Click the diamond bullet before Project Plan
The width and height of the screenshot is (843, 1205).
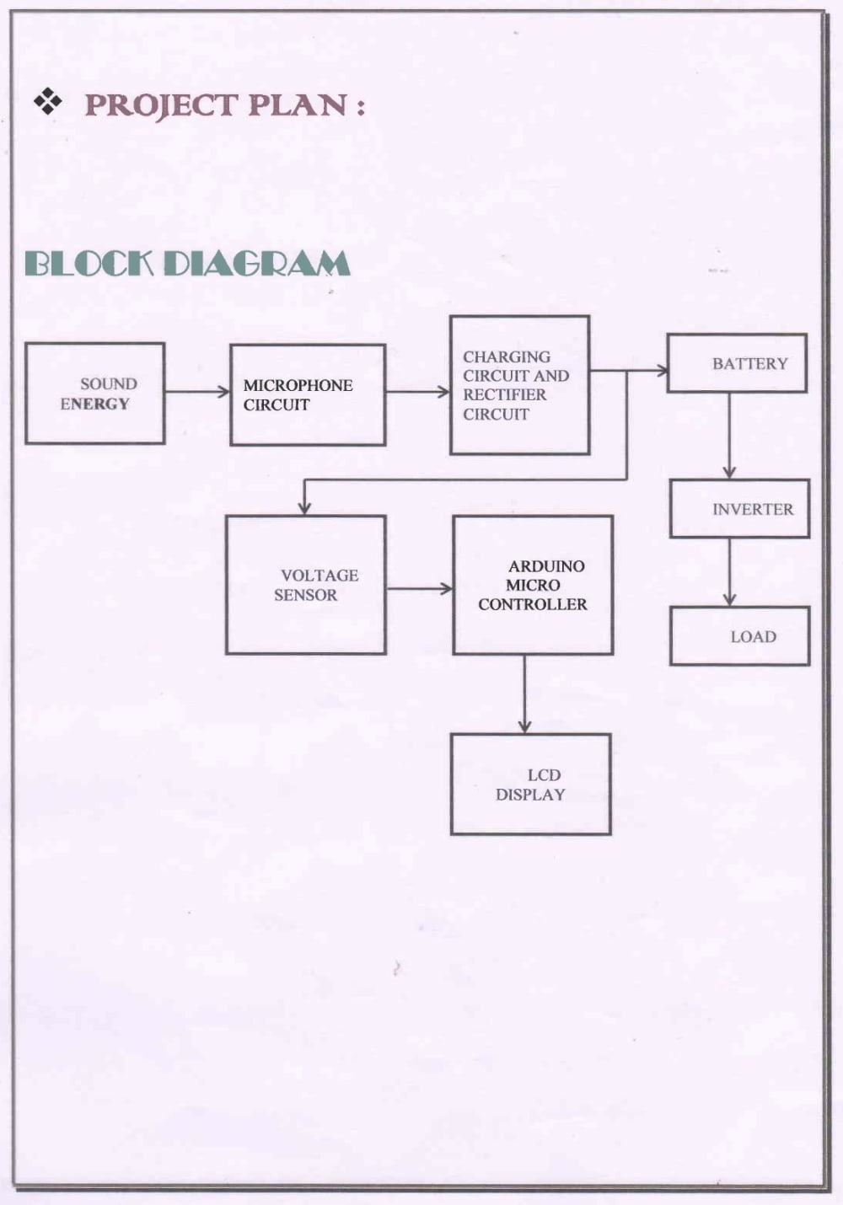pos(47,102)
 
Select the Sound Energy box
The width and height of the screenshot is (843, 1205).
pos(94,394)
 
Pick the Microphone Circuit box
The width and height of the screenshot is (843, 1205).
pos(308,395)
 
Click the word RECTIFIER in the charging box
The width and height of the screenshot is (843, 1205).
pos(504,395)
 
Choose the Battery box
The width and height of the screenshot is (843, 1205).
pos(737,363)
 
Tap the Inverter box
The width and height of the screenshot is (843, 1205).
pos(739,508)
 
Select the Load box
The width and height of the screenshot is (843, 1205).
pos(739,636)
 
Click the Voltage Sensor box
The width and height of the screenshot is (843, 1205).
pos(306,585)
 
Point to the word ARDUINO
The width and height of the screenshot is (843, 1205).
pos(546,566)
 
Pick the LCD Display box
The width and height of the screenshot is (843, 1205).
pos(531,784)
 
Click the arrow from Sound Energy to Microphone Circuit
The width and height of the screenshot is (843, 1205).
pos(197,392)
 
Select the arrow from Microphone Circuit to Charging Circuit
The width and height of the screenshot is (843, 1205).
pos(418,392)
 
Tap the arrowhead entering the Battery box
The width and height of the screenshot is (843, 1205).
pos(662,370)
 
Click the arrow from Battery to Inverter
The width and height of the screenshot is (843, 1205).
pos(729,436)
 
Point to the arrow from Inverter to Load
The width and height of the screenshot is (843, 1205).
pos(729,572)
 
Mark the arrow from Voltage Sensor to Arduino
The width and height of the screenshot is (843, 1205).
pos(420,588)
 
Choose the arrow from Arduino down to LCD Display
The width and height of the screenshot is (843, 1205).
pos(524,694)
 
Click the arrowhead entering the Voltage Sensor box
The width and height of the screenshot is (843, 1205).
pos(304,509)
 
